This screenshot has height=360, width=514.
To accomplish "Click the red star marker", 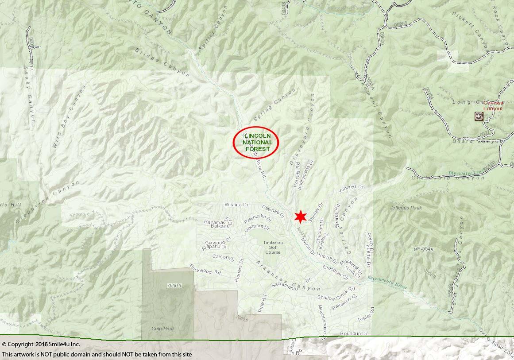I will [x=301, y=217].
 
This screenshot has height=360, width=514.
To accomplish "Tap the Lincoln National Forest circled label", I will [x=256, y=142].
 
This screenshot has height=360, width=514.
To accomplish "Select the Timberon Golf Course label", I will [x=273, y=247].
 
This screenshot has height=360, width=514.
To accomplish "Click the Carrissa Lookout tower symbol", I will [x=479, y=116].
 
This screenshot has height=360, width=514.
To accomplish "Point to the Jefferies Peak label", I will [x=406, y=208].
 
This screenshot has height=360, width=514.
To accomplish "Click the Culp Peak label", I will [x=163, y=329].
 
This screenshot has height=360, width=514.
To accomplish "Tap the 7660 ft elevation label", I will [x=174, y=286].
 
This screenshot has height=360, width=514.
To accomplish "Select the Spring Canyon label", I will [x=275, y=105].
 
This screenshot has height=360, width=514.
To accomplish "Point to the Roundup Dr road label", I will [x=354, y=333].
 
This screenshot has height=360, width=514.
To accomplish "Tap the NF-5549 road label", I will [x=423, y=249].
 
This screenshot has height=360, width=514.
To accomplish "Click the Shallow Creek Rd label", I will [x=336, y=294].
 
